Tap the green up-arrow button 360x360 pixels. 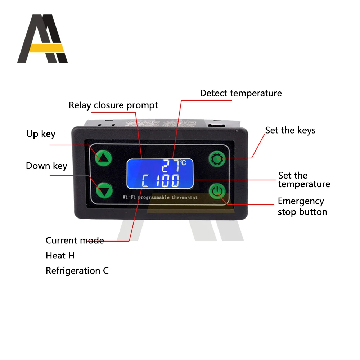[x=104, y=157]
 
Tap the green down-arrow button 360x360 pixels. [x=104, y=191]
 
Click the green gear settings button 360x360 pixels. [x=217, y=158]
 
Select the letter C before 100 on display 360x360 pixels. [x=147, y=181]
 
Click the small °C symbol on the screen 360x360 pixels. [x=183, y=163]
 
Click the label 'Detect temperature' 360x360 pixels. [x=240, y=93]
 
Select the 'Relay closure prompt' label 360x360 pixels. [x=113, y=105]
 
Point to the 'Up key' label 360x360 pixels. [x=41, y=134]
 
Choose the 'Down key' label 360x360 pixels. [x=46, y=166]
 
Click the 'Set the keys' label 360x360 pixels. [x=290, y=130]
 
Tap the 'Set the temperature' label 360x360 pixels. [x=303, y=180]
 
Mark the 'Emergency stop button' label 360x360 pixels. [x=302, y=206]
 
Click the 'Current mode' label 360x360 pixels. [x=75, y=240]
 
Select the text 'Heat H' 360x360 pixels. [x=60, y=256]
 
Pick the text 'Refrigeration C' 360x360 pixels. [x=77, y=270]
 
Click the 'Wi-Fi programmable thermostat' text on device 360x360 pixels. [x=160, y=197]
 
